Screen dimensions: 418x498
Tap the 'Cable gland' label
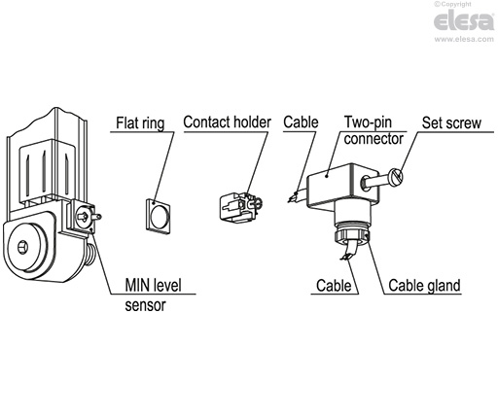click(x=424, y=287)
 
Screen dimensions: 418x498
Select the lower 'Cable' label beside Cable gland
click(x=334, y=287)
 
